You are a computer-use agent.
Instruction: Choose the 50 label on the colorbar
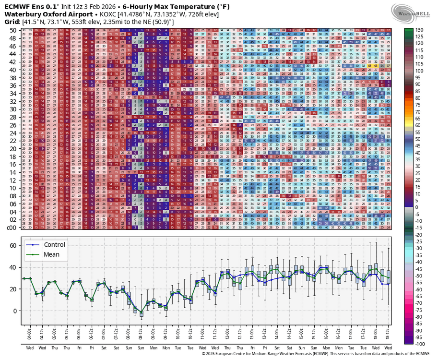point(419,139)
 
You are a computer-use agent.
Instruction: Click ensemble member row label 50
point(13,30)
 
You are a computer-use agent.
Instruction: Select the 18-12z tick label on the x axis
point(388,331)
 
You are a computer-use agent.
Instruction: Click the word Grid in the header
point(12,22)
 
